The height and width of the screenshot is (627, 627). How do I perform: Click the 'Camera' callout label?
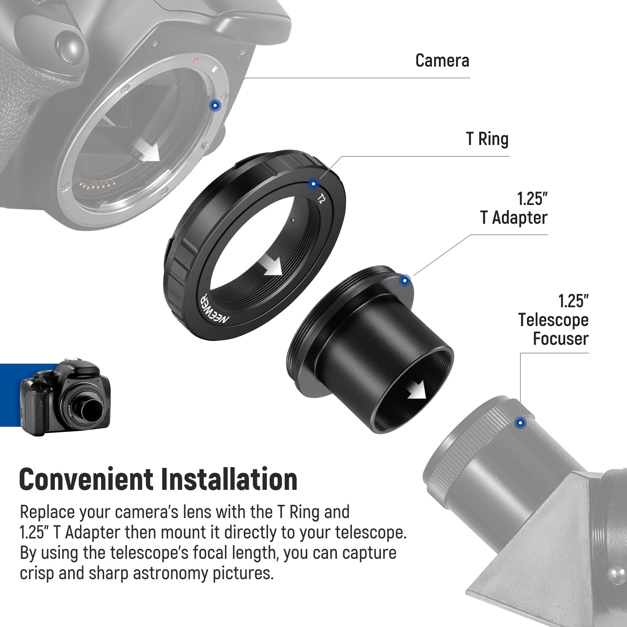point(442,61)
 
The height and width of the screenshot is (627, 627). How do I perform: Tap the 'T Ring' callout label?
point(487,139)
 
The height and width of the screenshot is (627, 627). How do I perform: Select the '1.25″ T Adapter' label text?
point(514,208)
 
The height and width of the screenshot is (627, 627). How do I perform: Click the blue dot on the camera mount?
point(215,105)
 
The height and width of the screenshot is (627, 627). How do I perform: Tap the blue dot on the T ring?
point(313,183)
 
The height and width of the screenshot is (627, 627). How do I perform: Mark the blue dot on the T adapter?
point(405,281)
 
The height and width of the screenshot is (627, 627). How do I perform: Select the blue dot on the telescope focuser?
point(520,423)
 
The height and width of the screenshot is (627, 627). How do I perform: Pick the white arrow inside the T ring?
point(272,265)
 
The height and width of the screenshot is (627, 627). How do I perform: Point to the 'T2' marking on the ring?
point(321,199)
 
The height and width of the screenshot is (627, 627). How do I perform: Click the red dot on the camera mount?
point(195,61)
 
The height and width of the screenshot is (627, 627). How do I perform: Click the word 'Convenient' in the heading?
point(87,480)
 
